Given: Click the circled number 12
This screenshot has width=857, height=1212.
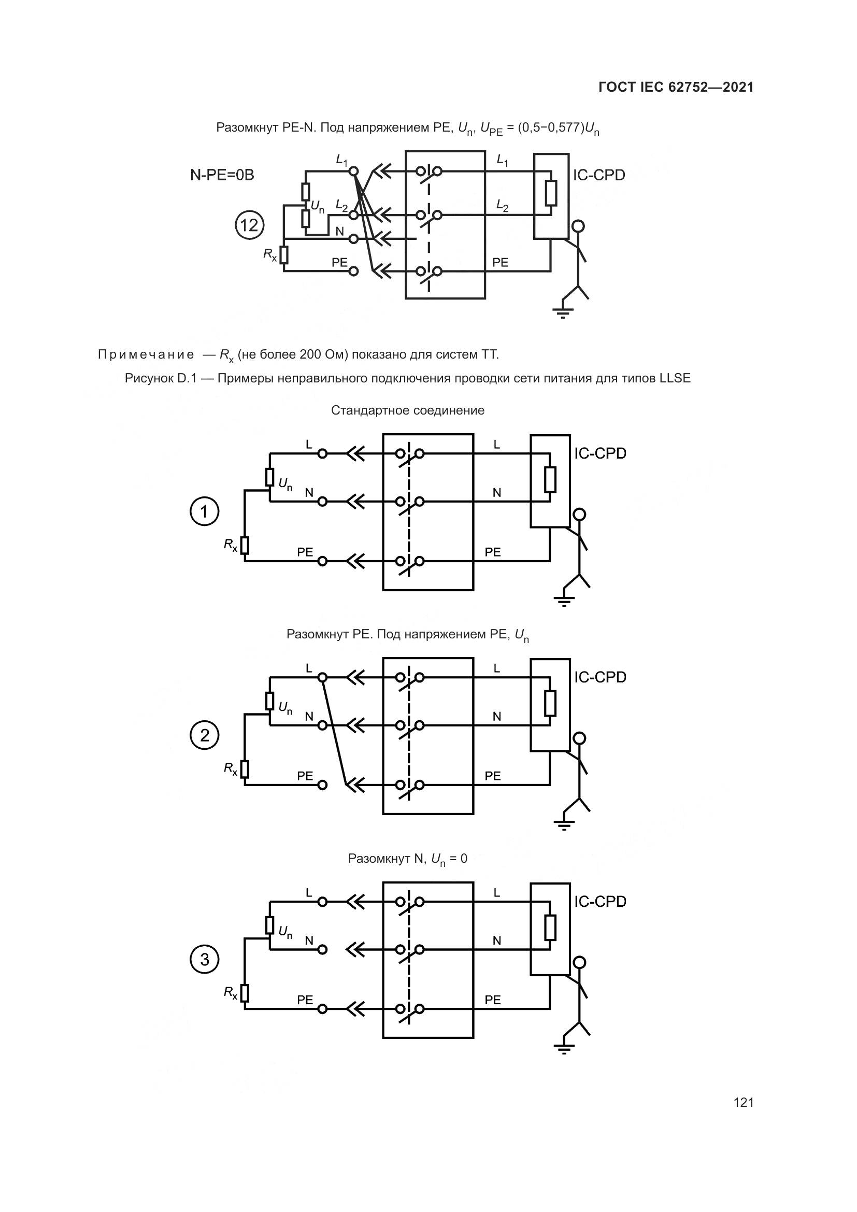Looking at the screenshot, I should [x=249, y=225].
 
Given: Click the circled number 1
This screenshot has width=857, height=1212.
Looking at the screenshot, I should [x=204, y=511].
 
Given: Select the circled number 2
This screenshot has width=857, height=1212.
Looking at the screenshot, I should [x=204, y=735].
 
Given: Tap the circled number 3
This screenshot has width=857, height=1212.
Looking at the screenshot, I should [x=204, y=959].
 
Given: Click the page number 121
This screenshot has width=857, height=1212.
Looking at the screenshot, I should [x=743, y=1102].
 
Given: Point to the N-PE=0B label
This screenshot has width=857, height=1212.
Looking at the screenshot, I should [x=222, y=175].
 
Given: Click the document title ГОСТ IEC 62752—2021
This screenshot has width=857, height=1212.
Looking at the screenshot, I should [x=676, y=87].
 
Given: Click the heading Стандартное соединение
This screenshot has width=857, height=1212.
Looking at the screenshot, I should [x=407, y=410].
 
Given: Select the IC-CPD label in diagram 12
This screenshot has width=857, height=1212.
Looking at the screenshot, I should [x=599, y=175].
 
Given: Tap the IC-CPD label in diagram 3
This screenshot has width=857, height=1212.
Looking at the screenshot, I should [x=600, y=901].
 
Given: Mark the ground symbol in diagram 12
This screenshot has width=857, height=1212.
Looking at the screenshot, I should [x=563, y=313].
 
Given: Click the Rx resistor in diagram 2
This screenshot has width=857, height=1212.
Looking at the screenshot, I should [x=245, y=769].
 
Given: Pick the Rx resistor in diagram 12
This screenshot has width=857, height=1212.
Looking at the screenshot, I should [x=284, y=255].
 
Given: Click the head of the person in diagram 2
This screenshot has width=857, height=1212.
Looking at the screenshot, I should [x=579, y=737].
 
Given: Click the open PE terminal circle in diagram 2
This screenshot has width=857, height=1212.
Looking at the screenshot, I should [x=322, y=785].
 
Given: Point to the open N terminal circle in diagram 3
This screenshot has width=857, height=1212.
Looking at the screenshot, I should [x=322, y=949].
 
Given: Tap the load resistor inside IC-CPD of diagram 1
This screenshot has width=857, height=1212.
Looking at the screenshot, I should [x=550, y=479].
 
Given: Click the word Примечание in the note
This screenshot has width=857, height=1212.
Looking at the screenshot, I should [x=146, y=354].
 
